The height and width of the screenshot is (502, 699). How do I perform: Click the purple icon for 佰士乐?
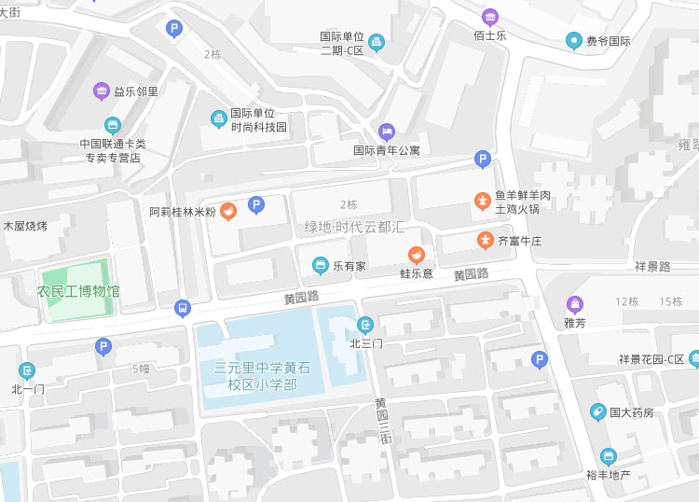(x=489, y=17)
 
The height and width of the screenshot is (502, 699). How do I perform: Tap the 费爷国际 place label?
(x=608, y=41)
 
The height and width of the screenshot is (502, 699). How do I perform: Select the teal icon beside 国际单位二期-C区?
(x=376, y=42)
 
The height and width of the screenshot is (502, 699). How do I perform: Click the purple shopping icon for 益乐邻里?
(x=102, y=91)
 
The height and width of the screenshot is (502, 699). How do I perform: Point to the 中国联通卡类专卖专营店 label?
(x=112, y=150)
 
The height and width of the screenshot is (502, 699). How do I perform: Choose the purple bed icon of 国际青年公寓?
(x=387, y=131)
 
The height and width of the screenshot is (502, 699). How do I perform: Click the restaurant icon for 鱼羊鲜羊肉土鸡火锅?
(x=483, y=200)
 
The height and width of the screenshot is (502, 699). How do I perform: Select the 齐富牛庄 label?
(x=519, y=241)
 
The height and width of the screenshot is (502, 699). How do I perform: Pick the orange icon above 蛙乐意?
(x=417, y=254)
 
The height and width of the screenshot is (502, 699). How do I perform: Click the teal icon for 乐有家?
(x=321, y=266)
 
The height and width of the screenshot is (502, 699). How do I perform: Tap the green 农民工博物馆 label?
(x=78, y=291)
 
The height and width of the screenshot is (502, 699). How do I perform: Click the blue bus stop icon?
(x=182, y=308)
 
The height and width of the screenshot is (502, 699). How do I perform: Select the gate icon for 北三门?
(x=364, y=325)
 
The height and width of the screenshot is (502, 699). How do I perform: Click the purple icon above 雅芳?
(x=575, y=304)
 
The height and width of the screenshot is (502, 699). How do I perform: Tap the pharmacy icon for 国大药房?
(x=597, y=411)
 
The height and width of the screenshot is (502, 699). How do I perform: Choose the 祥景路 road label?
(x=652, y=266)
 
